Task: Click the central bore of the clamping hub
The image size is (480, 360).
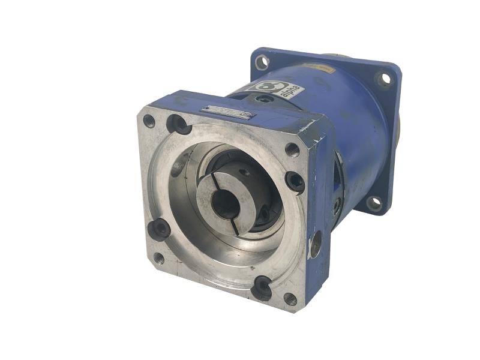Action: [226, 203]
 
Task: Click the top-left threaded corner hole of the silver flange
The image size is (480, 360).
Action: [149, 121]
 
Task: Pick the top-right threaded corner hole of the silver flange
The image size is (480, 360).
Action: [292, 149]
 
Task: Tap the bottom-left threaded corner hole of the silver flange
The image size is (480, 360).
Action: [158, 259]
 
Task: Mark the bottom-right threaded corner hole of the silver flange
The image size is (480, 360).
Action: [290, 298]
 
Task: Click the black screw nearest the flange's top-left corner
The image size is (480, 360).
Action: [178, 124]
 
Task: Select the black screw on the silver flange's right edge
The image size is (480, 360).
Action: [295, 181]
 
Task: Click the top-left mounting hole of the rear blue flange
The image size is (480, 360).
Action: [262, 62]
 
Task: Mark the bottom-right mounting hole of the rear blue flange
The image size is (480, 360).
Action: [374, 203]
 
